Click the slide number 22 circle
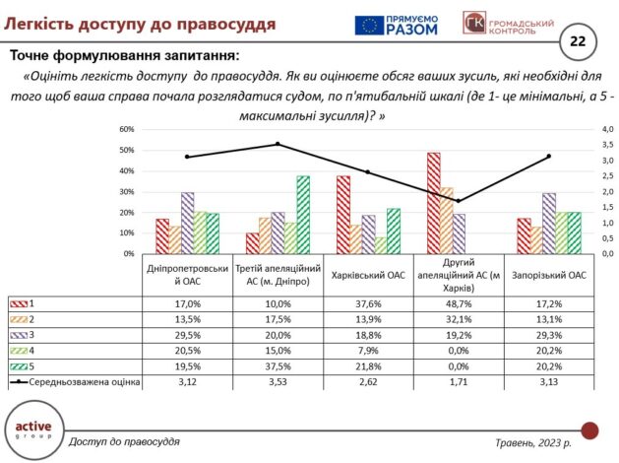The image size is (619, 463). click(577, 40)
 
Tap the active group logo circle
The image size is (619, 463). click(33, 430)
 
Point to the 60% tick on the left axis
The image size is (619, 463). click(127, 129)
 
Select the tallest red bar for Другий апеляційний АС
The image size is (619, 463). click(433, 203)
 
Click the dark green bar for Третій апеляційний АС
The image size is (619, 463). click(302, 215)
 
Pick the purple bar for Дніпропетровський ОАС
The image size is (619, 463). click(187, 223)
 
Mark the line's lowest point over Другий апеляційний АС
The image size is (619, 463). click(458, 201)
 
